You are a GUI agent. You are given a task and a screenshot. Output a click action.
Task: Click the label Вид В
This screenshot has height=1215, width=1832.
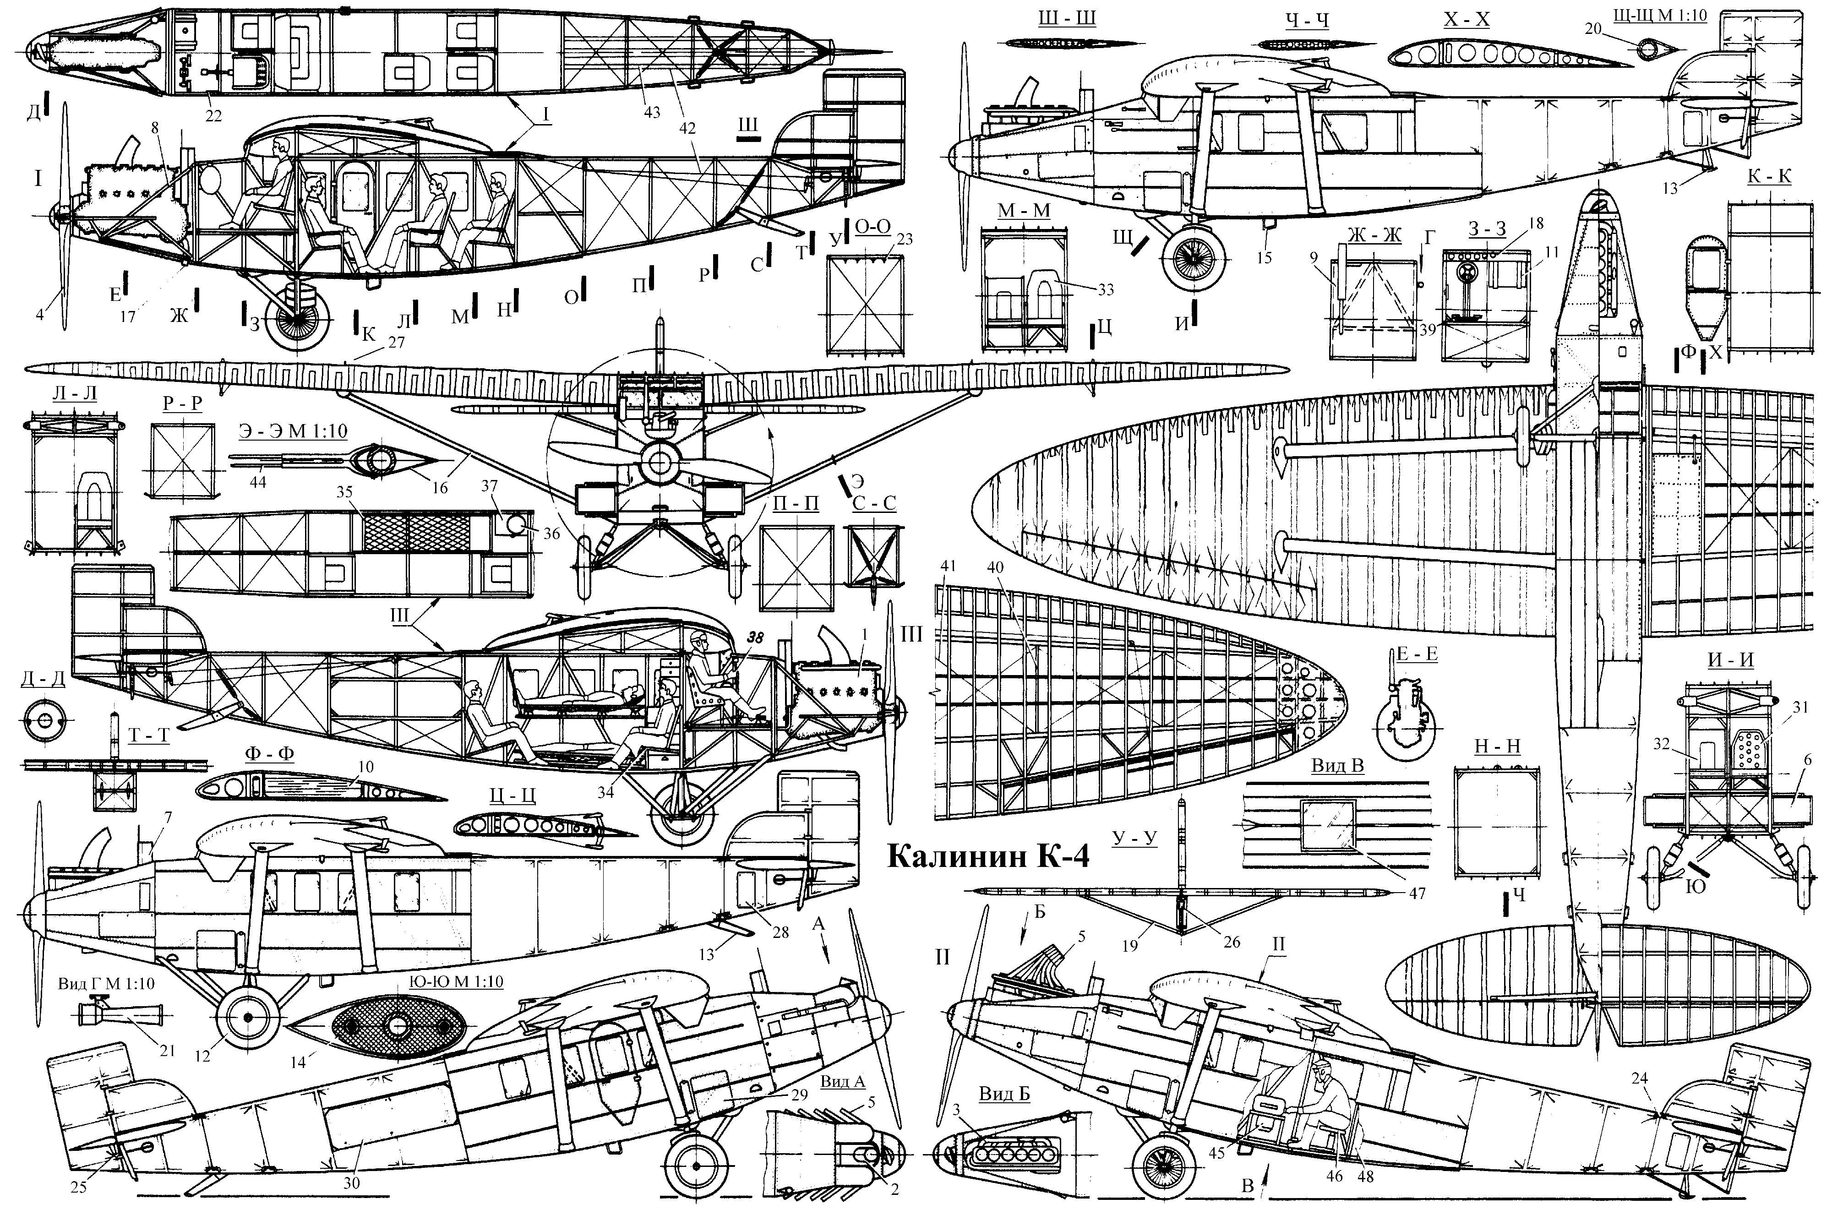1337,766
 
